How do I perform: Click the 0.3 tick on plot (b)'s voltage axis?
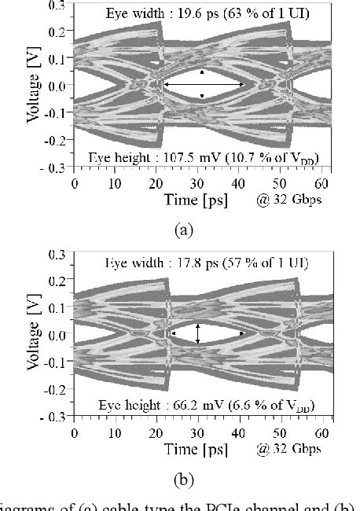coord(57,255)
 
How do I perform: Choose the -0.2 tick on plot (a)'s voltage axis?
coord(55,141)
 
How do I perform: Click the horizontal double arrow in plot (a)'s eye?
coord(204,84)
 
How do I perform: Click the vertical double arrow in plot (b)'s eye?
coord(198,333)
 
